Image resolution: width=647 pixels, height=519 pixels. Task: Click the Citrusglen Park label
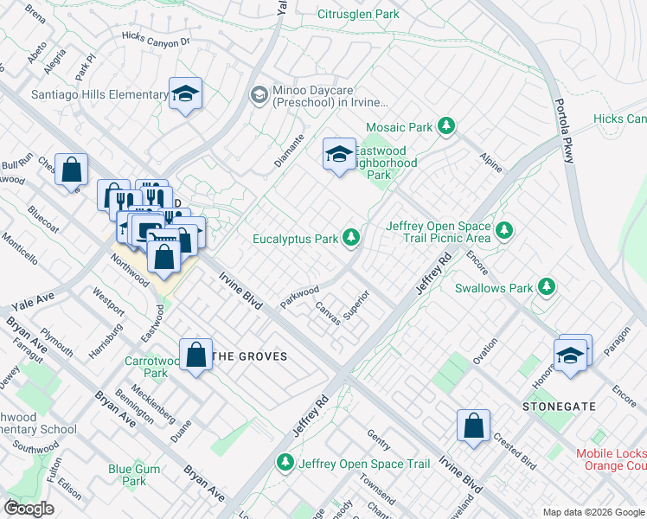[358, 14]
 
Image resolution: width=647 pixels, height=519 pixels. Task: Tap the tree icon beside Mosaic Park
[446, 127]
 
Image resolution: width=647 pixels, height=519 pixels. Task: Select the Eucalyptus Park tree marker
[351, 236]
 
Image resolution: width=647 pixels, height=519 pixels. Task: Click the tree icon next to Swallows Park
[546, 285]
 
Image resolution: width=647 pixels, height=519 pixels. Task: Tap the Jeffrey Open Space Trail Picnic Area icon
[504, 231]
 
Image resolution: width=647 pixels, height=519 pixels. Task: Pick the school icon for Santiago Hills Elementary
[185, 93]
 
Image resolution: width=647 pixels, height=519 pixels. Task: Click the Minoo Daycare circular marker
[258, 94]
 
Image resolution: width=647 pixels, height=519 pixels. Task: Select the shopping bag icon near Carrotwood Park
[197, 356]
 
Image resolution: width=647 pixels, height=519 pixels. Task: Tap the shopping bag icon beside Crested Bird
[473, 426]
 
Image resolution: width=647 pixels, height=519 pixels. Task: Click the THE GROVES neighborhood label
[249, 356]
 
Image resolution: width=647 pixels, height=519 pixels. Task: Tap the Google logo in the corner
[29, 509]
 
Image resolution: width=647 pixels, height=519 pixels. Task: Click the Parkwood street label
[299, 295]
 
